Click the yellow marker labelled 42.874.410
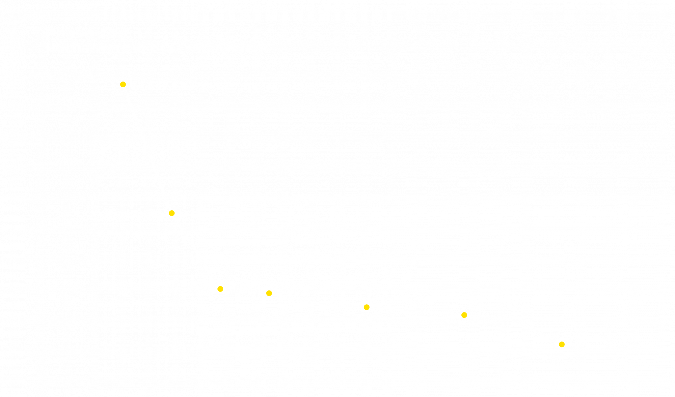pos(123,84)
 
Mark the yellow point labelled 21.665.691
pos(171,213)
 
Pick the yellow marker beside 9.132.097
pos(220,289)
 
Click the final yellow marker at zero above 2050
pos(562,344)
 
